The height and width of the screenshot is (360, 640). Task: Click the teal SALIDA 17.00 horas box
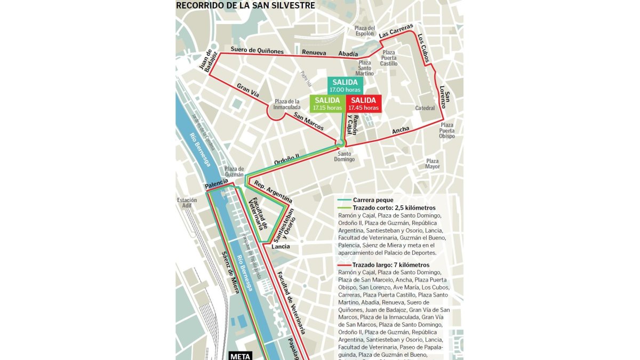pos(346,85)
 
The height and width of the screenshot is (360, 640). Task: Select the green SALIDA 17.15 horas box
pos(327,103)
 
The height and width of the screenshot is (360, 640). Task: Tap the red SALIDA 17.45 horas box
pos(363,103)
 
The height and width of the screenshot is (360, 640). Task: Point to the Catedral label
pos(425,108)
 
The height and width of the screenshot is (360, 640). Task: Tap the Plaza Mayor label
pos(433,164)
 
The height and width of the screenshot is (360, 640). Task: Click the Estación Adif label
pos(187,203)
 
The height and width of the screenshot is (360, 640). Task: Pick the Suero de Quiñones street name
pos(257,51)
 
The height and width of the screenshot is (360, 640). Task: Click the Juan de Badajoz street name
pos(206,60)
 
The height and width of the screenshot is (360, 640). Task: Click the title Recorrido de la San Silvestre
pos(245,6)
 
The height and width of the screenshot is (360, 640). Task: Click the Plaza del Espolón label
pos(365,31)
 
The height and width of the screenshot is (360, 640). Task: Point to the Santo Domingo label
pos(344,156)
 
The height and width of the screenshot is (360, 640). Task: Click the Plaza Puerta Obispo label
pos(447,130)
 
